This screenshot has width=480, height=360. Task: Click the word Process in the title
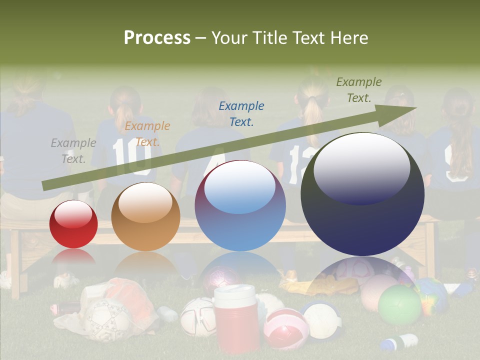click(157, 38)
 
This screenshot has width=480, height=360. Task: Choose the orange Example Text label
click(147, 134)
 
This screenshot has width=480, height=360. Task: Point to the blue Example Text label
click(241, 113)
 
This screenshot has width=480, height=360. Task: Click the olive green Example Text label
click(359, 90)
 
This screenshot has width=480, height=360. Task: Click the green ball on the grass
click(399, 304)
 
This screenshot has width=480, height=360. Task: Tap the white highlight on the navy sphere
click(361, 167)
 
